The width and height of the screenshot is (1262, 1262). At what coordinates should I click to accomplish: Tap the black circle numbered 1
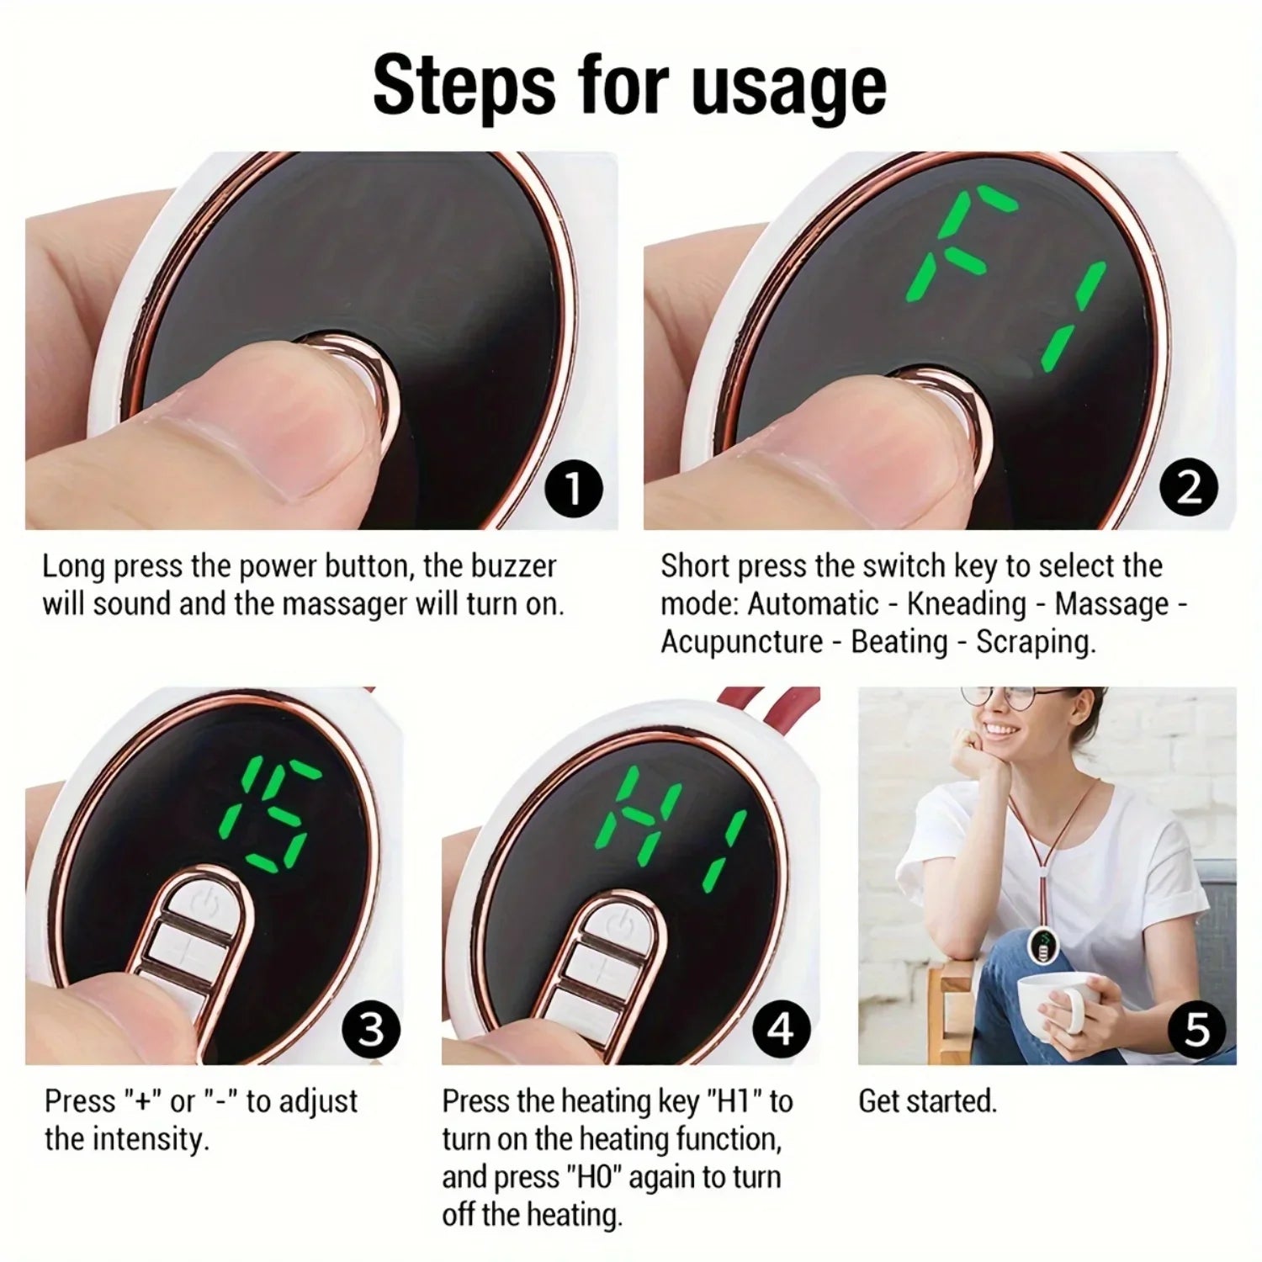pyautogui.click(x=574, y=489)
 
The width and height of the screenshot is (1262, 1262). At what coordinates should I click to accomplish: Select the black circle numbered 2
pyautogui.click(x=1188, y=489)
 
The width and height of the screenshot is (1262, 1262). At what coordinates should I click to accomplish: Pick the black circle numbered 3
pyautogui.click(x=370, y=1029)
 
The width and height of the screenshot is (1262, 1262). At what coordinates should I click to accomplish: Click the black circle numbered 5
pyautogui.click(x=1196, y=1029)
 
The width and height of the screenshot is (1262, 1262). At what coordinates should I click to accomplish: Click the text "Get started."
pyautogui.click(x=927, y=1100)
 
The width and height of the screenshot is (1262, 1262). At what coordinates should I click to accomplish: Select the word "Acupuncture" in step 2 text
pyautogui.click(x=741, y=642)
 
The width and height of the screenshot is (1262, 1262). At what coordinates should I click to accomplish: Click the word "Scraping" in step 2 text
pyautogui.click(x=1035, y=642)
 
